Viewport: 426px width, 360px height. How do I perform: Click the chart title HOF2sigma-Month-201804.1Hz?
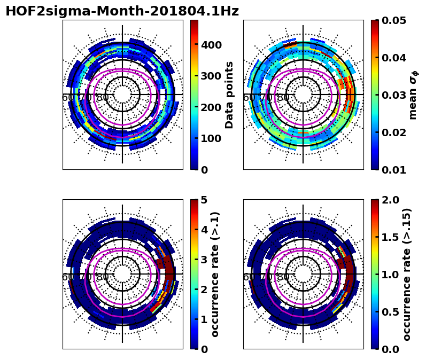[x=122, y=11]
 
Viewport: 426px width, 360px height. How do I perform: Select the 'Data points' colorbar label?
[x=230, y=95]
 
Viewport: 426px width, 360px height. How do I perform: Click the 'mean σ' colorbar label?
[x=413, y=95]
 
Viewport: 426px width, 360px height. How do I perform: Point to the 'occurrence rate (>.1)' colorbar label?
[x=215, y=274]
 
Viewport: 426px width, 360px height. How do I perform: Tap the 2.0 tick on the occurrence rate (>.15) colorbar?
[x=390, y=200]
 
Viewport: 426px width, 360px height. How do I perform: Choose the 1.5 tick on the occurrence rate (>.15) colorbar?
[x=390, y=237]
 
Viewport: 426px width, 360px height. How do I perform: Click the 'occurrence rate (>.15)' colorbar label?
[x=407, y=274]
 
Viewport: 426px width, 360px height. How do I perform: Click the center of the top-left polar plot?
[x=122, y=95]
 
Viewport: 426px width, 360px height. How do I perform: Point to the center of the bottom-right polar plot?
[x=303, y=274]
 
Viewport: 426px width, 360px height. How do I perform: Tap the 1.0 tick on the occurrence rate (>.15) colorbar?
[x=390, y=275]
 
